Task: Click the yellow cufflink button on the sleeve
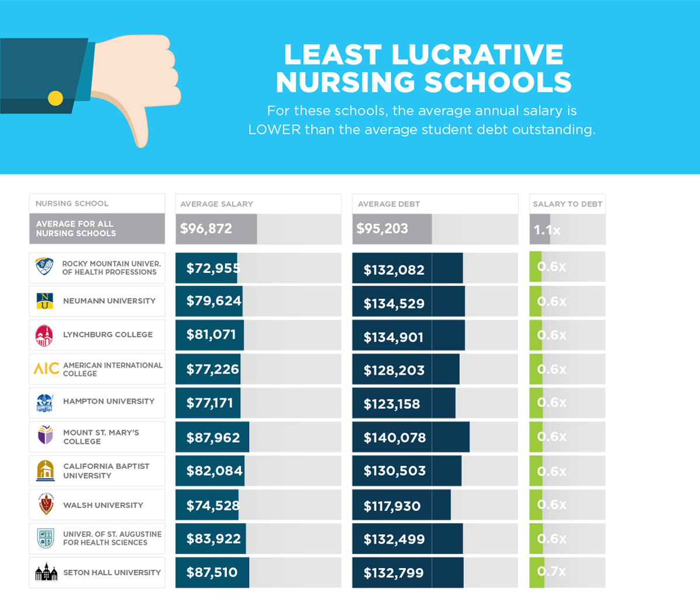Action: coord(55,98)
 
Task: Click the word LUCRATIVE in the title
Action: coord(477,55)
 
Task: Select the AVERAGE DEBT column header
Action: coord(388,204)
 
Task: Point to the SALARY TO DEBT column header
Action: coord(567,204)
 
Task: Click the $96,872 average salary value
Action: coord(206,229)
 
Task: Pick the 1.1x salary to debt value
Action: coord(547,230)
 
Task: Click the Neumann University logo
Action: coord(45,301)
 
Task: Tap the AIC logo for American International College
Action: coord(46,369)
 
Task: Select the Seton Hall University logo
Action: coord(46,572)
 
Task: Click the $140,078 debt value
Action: coord(394,437)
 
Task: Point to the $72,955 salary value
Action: coord(213,268)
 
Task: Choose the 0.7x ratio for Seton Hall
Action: coord(551,572)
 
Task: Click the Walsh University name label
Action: coord(103,505)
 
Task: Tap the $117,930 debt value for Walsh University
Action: coord(391,506)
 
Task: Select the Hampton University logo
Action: coord(45,402)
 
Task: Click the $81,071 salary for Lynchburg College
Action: coord(211,335)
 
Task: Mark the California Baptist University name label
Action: coord(106,471)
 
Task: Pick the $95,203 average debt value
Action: coord(382,229)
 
